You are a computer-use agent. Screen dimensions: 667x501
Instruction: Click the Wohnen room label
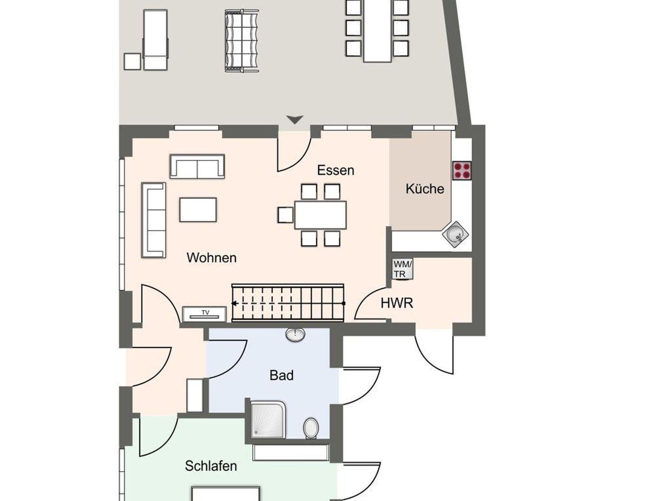click(x=211, y=258)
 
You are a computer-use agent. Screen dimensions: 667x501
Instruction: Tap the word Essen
click(x=335, y=170)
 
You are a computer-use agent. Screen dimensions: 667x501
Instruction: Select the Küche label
click(x=425, y=189)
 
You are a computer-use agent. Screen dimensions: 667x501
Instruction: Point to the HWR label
click(x=397, y=303)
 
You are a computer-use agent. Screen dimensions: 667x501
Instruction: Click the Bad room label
click(x=281, y=375)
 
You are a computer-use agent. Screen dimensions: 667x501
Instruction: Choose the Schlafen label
click(x=211, y=466)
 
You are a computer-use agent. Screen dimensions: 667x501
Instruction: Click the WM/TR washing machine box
click(x=403, y=269)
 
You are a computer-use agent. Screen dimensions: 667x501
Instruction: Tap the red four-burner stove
click(x=462, y=170)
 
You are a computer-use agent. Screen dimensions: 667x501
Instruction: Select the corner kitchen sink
click(x=455, y=234)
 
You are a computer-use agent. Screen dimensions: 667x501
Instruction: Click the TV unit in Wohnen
click(x=204, y=314)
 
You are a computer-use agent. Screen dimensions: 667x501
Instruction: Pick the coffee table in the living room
click(x=198, y=210)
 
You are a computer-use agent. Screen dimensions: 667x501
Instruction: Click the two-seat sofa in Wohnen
click(x=197, y=166)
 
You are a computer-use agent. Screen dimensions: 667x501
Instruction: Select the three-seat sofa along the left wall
click(x=153, y=220)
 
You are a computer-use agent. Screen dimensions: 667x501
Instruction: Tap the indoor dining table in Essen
click(x=320, y=215)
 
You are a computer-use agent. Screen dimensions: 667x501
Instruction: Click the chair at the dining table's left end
click(x=286, y=215)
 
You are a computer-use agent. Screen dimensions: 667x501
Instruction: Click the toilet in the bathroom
click(x=311, y=428)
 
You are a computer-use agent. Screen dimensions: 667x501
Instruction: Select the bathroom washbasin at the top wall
click(x=295, y=334)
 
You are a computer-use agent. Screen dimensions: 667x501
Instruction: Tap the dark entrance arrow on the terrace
click(x=295, y=120)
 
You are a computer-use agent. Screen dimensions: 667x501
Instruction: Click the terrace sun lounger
click(x=155, y=40)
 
